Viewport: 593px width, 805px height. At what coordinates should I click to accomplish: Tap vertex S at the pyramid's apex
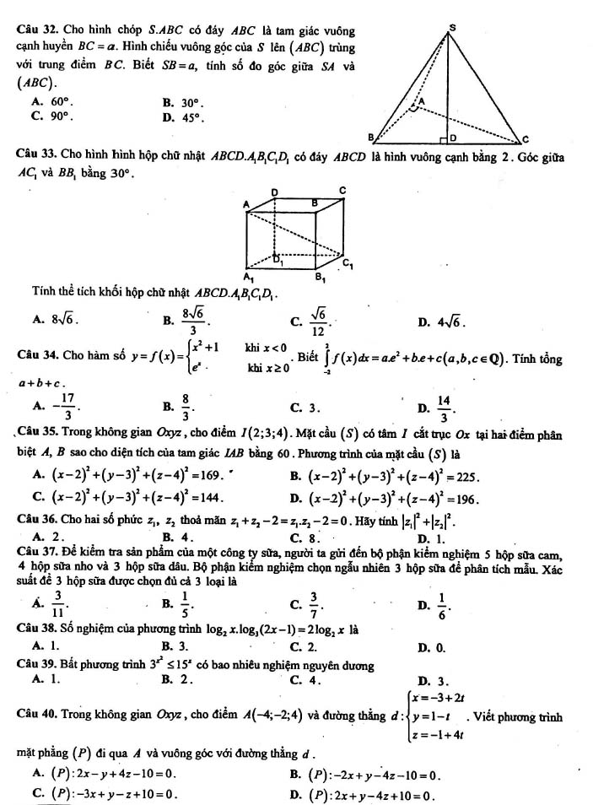click(x=452, y=28)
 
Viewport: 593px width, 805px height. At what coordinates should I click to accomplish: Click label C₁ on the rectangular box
click(x=349, y=264)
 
